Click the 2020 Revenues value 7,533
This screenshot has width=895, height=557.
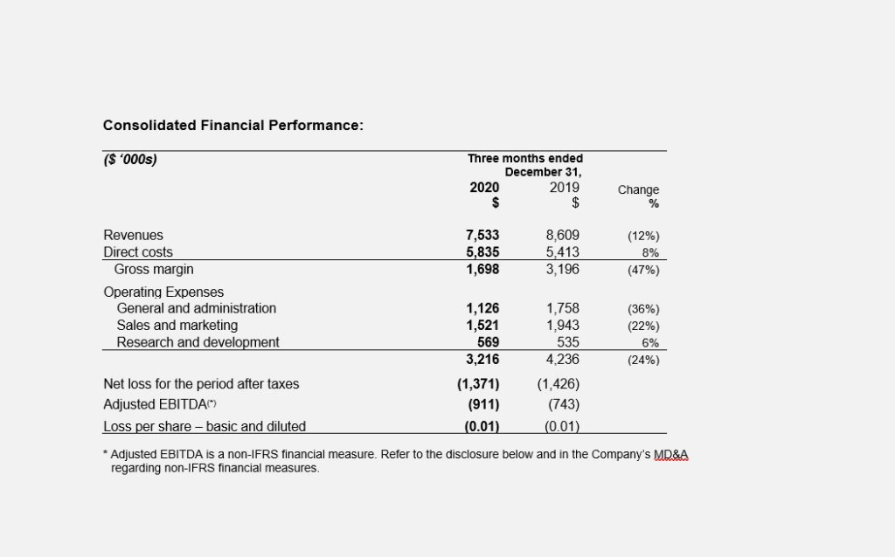482,235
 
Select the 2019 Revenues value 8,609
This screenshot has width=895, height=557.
563,235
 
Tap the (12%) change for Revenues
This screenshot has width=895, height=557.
643,236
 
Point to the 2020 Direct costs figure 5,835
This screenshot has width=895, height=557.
482,252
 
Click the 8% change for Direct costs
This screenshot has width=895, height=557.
650,252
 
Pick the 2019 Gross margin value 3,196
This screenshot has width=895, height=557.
563,269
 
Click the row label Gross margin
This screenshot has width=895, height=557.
154,269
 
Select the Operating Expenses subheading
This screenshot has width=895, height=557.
163,292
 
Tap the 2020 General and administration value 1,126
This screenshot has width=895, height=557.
482,308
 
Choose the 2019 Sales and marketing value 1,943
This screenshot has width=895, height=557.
563,326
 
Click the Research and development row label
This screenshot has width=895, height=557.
198,342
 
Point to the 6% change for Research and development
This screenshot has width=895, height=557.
650,342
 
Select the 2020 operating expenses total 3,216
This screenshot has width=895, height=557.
482,359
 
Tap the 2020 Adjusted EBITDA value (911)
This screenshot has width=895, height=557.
483,404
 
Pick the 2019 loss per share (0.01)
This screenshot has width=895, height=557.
562,426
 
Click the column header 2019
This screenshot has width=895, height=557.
565,188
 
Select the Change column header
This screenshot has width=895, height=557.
638,189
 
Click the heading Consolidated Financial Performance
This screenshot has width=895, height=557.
232,126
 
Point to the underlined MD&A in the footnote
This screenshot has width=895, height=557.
670,454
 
